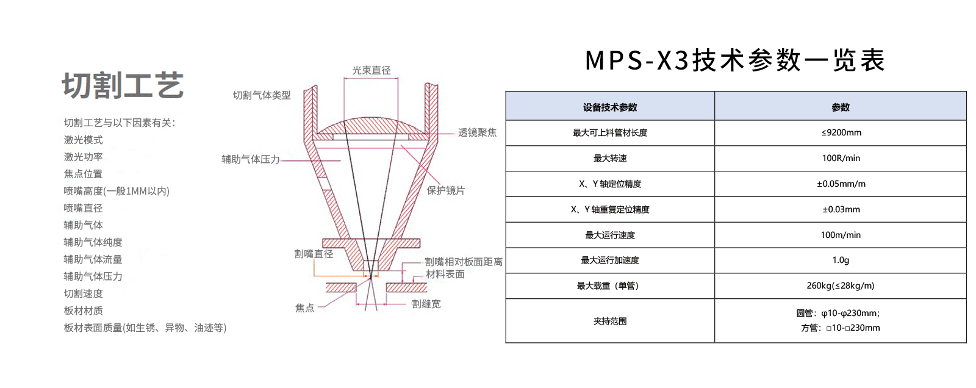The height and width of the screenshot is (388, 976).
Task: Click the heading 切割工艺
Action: point(123,85)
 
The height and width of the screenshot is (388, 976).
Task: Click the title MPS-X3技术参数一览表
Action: point(736,60)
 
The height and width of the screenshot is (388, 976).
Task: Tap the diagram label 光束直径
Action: point(371,70)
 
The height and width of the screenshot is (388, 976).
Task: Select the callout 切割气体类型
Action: point(262,95)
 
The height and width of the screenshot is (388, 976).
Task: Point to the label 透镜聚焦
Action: point(477,132)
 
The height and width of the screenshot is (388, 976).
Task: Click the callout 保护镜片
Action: point(445,190)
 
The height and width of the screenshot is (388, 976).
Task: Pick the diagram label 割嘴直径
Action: point(314,254)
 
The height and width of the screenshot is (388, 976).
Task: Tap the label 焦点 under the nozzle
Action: point(304,308)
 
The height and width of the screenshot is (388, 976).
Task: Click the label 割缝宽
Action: point(426,304)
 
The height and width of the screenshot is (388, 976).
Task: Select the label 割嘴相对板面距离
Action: point(464,262)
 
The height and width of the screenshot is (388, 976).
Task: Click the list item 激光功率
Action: point(83,157)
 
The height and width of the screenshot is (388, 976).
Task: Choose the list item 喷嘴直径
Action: point(83,209)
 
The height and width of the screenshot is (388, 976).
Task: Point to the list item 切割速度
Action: point(83,294)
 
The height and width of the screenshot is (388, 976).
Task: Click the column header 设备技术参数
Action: point(610,107)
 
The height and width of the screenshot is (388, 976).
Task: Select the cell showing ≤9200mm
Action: point(841,132)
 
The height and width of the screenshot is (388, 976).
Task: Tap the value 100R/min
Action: point(841,158)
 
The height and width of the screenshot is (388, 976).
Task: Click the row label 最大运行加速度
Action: point(610,260)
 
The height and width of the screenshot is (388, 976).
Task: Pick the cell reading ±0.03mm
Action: point(841,209)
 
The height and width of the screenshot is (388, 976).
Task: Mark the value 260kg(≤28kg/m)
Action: point(841,286)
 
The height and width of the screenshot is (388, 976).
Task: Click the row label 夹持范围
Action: point(610,322)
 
